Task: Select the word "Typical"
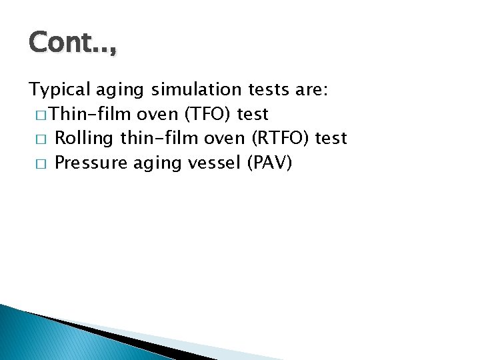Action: coord(56,91)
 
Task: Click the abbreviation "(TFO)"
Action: coord(208,114)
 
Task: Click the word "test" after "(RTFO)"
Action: coord(331,138)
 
